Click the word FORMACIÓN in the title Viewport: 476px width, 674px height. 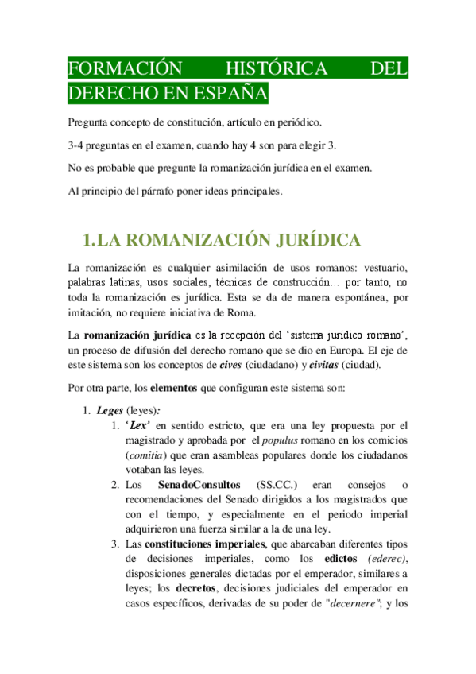113,69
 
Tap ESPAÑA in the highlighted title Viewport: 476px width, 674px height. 230,94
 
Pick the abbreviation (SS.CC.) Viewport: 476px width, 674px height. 281,484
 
